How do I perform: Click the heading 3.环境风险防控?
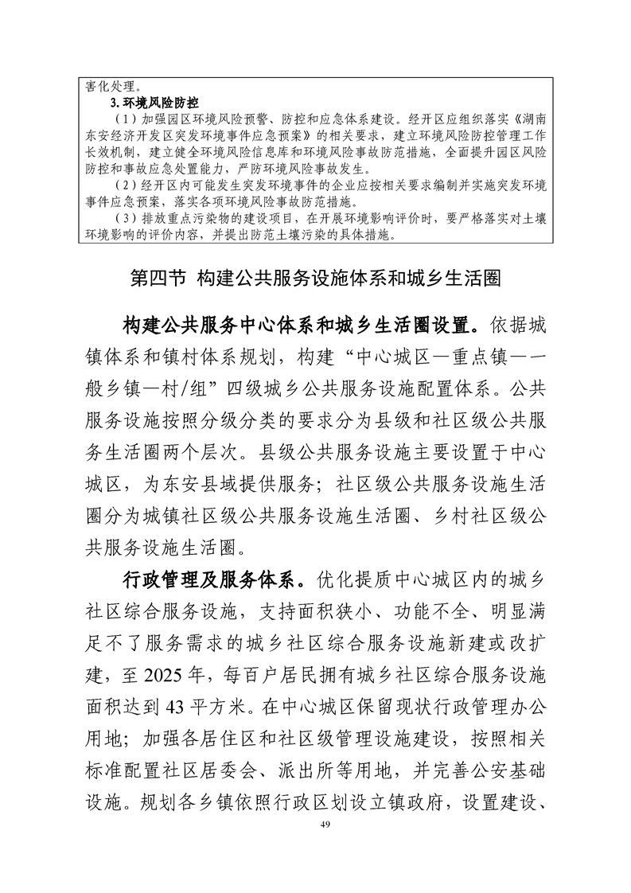[x=154, y=103]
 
